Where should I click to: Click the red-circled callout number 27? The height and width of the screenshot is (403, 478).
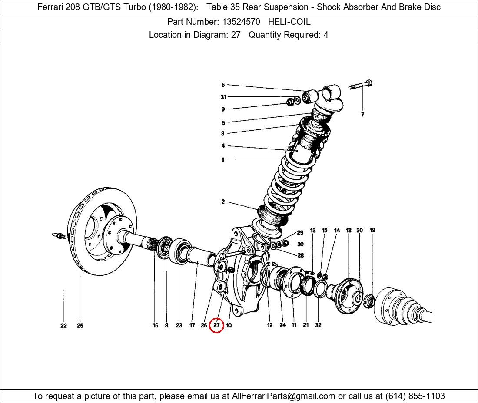(x=216, y=325)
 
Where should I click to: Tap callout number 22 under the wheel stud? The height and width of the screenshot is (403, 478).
(x=63, y=326)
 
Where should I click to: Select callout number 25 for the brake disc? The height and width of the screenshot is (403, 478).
(x=80, y=326)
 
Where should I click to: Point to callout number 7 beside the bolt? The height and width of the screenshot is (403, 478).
(x=362, y=115)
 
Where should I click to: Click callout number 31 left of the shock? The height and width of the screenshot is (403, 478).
(x=223, y=97)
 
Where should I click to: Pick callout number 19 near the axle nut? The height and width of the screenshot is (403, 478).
(x=372, y=230)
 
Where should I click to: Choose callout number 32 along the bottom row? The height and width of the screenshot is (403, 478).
(x=318, y=325)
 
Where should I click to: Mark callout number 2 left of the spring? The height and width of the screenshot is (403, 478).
(x=223, y=202)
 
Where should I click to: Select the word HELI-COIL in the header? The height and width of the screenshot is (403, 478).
(x=289, y=21)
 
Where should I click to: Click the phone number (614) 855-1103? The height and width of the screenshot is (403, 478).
(x=415, y=396)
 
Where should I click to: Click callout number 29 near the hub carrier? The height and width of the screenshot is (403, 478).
(x=300, y=233)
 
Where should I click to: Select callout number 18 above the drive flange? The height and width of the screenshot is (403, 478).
(x=349, y=230)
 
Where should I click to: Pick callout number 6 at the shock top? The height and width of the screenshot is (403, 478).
(x=223, y=85)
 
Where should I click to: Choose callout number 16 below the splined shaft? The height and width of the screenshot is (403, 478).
(x=155, y=326)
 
